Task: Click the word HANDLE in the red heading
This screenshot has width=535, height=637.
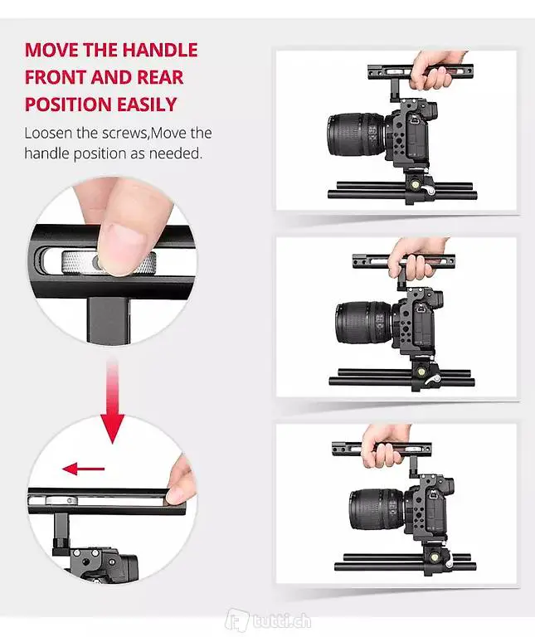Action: click(x=159, y=50)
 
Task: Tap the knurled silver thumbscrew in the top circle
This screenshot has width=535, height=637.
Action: click(x=109, y=263)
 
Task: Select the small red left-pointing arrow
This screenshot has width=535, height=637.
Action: click(x=83, y=469)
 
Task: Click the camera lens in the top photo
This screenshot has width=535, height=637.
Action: click(x=357, y=134)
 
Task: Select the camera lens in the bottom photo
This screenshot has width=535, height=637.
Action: click(x=377, y=509)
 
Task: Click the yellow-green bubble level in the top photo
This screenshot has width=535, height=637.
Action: click(x=416, y=185)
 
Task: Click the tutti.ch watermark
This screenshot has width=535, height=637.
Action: click(x=269, y=620)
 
